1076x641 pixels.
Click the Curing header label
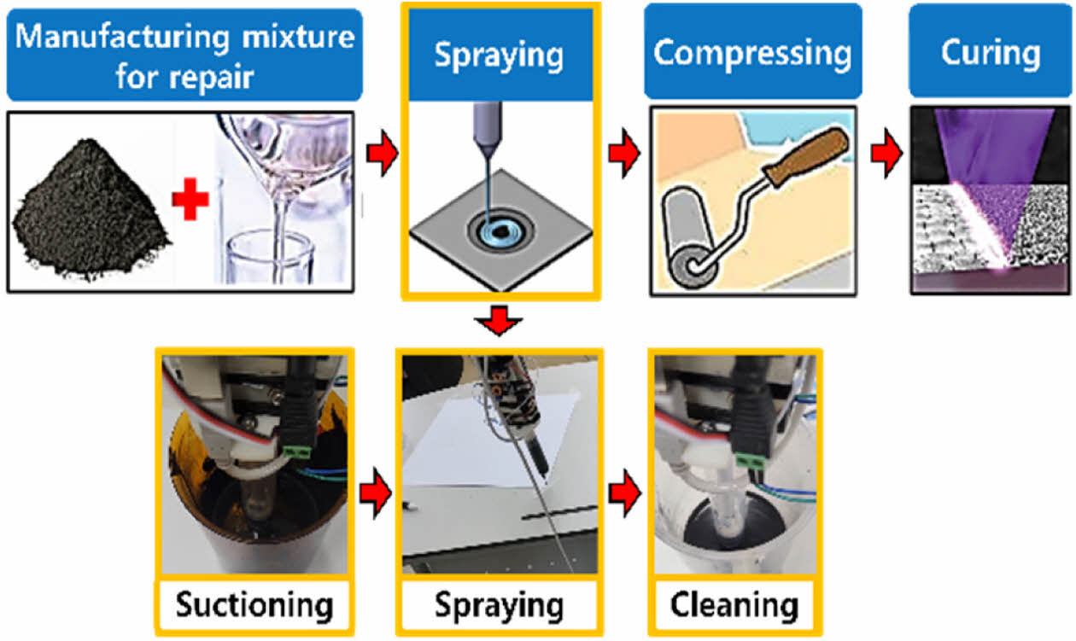[x=990, y=53]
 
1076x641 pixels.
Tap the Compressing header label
[x=752, y=53]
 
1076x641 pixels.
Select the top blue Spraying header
[x=500, y=55]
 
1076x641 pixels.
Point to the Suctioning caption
[x=254, y=605]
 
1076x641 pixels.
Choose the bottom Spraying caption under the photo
[x=500, y=605]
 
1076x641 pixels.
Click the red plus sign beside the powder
[x=190, y=202]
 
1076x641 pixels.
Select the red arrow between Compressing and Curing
[x=886, y=155]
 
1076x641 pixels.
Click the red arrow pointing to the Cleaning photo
[x=626, y=493]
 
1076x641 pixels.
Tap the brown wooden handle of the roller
[x=806, y=159]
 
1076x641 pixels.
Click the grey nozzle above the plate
[x=486, y=128]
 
